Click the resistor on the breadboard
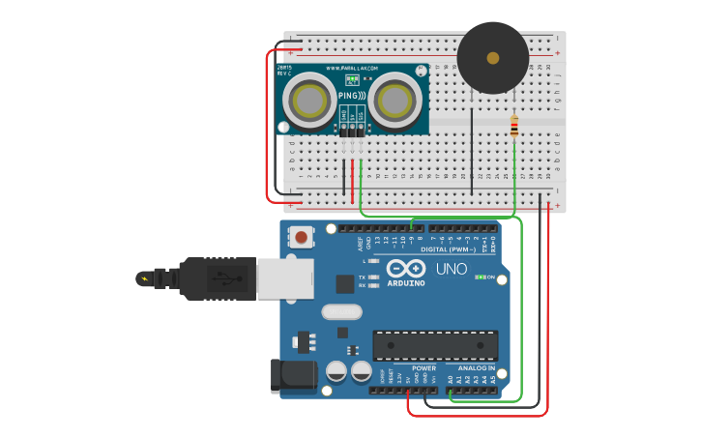[x=513, y=126]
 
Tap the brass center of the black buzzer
[x=493, y=58]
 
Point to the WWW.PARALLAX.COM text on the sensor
[x=352, y=69]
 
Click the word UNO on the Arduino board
[x=451, y=269]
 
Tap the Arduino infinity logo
[x=405, y=268]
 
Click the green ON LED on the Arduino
[x=480, y=277]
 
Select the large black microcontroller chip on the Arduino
[x=435, y=345]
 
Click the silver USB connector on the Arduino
[x=285, y=278]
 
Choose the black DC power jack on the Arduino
[x=295, y=374]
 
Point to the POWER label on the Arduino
[x=424, y=367]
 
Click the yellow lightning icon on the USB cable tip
[x=145, y=279]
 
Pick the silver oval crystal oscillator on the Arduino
[x=341, y=311]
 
